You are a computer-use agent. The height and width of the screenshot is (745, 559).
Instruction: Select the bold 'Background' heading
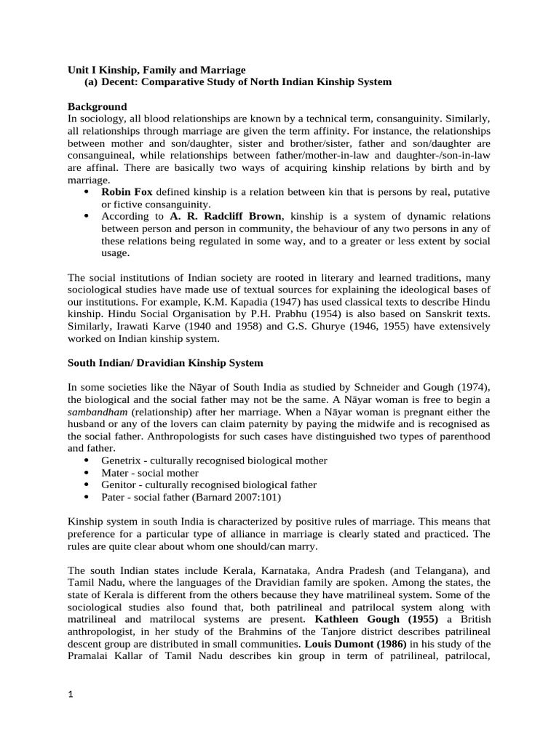(97, 106)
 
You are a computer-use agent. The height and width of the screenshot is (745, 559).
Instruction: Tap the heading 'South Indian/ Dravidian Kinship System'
(165, 362)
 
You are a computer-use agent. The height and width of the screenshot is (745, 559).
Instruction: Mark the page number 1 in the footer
(70, 695)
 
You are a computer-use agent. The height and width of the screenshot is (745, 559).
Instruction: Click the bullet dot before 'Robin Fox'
(87, 192)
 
